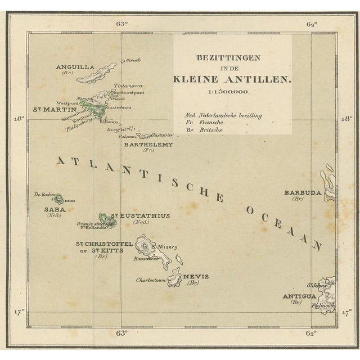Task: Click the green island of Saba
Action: click(57, 198)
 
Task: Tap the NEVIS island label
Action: click(195, 276)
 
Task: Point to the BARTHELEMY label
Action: click(148, 144)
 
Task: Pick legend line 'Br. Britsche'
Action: click(204, 130)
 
